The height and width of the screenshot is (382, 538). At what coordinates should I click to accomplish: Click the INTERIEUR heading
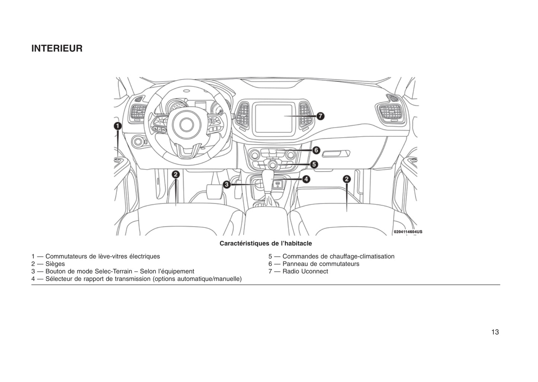click(57, 49)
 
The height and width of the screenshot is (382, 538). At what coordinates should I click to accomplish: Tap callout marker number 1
click(117, 126)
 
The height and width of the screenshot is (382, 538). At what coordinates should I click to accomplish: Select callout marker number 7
click(320, 116)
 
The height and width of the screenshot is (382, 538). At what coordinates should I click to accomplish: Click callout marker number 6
click(316, 150)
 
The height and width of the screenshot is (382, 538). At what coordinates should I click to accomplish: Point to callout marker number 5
click(314, 164)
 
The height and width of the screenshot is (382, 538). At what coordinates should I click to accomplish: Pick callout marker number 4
click(306, 179)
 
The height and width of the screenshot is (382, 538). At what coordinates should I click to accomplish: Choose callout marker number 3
click(226, 184)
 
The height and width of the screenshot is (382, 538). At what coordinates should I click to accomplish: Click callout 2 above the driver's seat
click(176, 174)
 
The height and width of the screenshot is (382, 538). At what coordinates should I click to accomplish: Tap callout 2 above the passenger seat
click(347, 179)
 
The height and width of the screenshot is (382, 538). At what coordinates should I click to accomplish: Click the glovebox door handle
click(336, 153)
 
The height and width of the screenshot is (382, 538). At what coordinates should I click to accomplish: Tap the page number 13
click(495, 332)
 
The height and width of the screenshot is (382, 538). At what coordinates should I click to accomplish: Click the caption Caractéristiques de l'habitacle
click(265, 243)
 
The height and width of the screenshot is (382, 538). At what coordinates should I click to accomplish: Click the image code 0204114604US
click(408, 232)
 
